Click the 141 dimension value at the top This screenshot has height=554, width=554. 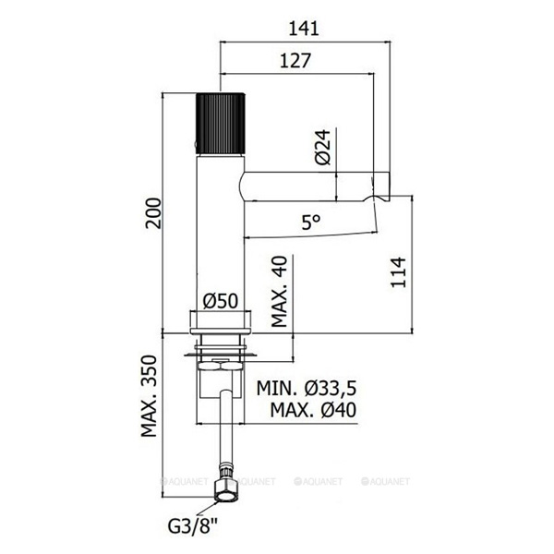(x=301, y=29)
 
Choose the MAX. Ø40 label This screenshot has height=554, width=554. (x=308, y=410)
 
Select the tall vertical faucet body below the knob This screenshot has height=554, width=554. (x=220, y=231)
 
